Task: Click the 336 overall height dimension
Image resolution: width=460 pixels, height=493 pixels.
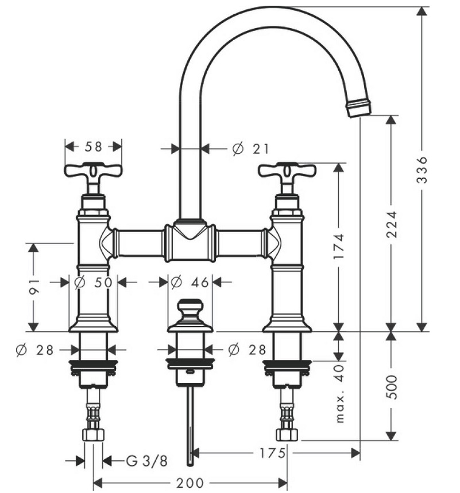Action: click(x=422, y=170)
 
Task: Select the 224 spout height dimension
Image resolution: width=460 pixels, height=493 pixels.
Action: click(x=391, y=224)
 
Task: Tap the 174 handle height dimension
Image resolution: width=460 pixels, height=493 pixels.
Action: click(x=339, y=246)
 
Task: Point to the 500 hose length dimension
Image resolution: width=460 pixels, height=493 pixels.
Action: click(x=392, y=386)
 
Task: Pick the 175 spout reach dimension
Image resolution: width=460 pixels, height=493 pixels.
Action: click(x=272, y=453)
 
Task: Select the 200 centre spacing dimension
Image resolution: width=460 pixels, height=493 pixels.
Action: click(x=190, y=483)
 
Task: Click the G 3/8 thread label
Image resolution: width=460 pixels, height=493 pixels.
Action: click(x=146, y=461)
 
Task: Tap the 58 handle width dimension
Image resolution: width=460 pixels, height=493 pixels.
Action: click(x=93, y=147)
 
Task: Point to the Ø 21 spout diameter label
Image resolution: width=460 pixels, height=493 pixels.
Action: click(x=251, y=148)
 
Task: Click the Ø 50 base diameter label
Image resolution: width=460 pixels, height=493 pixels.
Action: click(x=93, y=283)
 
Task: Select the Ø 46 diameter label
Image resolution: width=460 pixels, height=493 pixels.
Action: click(x=190, y=283)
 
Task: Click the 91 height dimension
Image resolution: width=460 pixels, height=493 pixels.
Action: click(x=34, y=287)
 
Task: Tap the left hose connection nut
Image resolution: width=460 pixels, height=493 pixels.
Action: click(x=93, y=434)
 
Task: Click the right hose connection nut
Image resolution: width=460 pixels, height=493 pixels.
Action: click(x=287, y=434)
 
